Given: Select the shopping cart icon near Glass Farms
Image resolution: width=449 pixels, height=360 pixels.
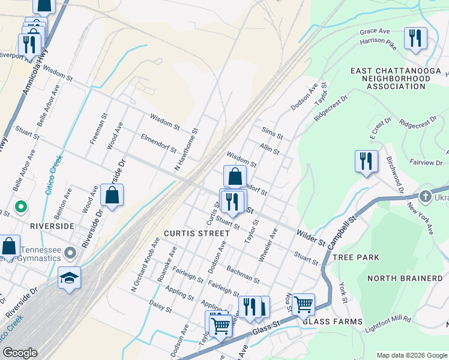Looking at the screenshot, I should (304, 305).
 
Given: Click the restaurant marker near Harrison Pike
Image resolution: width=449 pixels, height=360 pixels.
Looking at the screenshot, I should (415, 39).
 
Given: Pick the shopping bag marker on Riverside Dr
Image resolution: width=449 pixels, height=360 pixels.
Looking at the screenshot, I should (112, 196).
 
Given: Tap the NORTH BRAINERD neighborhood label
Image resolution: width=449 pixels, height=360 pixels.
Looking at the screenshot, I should (404, 278).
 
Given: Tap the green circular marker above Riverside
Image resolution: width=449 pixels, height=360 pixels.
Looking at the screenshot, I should (21, 208).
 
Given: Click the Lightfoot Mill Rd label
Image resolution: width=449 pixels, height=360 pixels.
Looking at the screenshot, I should (388, 325).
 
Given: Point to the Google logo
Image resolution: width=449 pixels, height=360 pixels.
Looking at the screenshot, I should (20, 353).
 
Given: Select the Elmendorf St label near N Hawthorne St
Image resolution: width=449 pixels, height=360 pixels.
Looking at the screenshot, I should (158, 143).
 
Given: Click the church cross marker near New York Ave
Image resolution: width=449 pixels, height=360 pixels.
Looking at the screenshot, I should (425, 196).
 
